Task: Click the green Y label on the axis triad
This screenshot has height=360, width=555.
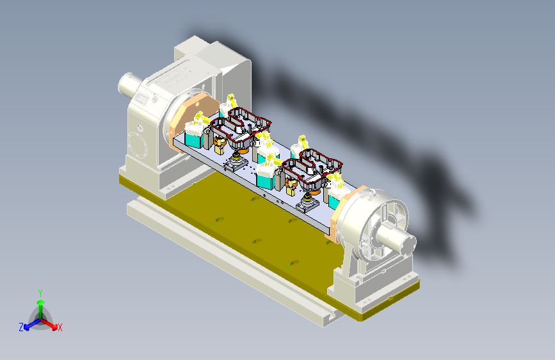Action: [x=40, y=293]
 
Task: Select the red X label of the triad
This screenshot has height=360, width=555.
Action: [x=60, y=327]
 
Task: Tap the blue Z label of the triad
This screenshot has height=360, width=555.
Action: [x=21, y=327]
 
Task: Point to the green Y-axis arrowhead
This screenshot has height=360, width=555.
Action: [x=41, y=303]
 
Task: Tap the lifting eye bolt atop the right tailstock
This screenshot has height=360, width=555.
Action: [x=371, y=192]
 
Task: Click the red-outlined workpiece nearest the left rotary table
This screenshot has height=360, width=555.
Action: [x=241, y=127]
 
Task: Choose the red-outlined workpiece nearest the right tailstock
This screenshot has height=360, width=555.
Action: [x=312, y=169]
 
